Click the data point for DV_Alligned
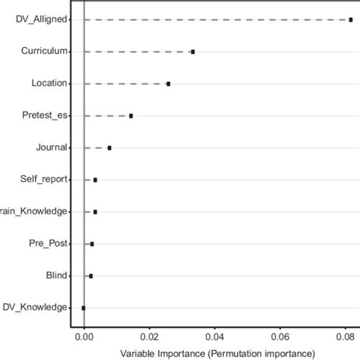coord(350,20)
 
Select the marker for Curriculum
coord(193,52)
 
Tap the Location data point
coord(169,84)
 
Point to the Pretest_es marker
coord(131,115)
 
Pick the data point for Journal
coord(109,147)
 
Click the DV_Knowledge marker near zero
coord(84,308)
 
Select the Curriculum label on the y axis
coord(45,52)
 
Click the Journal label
coord(52,147)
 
